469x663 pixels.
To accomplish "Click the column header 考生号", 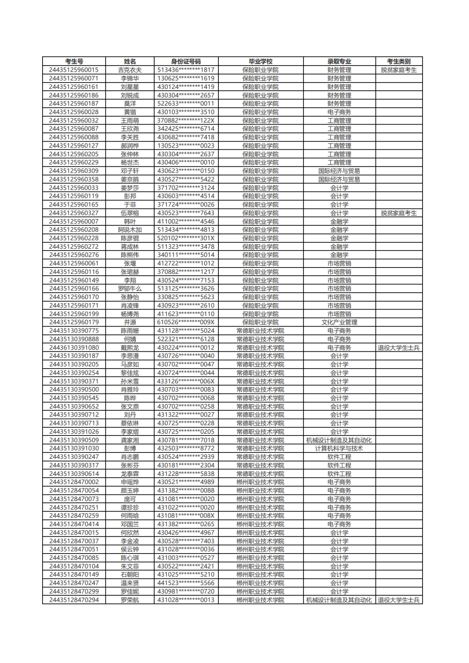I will [x=74, y=61].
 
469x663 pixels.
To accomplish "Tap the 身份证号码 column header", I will [x=186, y=61].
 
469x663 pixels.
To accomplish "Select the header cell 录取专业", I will [x=339, y=61].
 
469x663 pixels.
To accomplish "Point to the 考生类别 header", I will [x=399, y=61].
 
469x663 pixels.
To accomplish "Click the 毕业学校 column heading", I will [x=261, y=61].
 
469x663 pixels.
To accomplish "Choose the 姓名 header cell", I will [x=130, y=61].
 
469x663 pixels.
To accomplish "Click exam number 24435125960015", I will [x=74, y=70].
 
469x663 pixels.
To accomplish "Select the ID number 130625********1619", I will [x=186, y=78].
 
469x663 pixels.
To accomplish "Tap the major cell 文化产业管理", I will [x=339, y=322].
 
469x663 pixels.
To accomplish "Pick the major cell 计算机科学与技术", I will [x=339, y=449].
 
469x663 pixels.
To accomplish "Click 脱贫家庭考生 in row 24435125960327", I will [x=399, y=213].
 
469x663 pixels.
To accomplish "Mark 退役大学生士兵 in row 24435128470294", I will [x=399, y=600].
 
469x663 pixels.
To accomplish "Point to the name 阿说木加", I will [x=130, y=230].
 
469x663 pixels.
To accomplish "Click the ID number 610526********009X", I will [x=186, y=322].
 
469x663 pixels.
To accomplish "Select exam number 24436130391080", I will [x=74, y=347].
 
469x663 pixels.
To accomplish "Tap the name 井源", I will [x=130, y=322].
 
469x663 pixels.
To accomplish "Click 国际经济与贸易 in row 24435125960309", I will [x=339, y=171].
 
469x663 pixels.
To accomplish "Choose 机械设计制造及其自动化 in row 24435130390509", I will [x=339, y=440].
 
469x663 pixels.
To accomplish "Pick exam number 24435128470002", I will [x=74, y=482].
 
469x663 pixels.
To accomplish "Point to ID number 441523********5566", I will [x=186, y=583].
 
